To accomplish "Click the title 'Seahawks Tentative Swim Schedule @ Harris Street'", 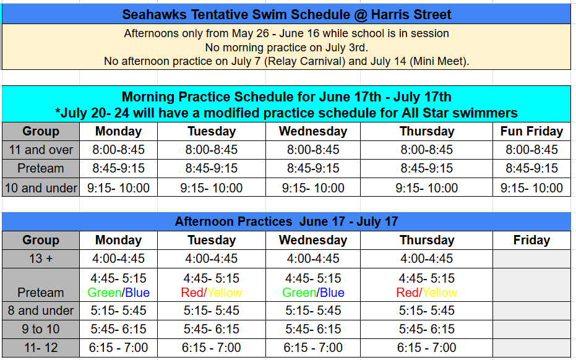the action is click(x=286, y=15).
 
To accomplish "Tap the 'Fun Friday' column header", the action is click(x=531, y=131).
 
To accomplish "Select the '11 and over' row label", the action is click(x=41, y=150).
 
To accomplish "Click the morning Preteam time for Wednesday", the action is click(x=313, y=168).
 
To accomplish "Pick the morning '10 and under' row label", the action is click(x=41, y=187).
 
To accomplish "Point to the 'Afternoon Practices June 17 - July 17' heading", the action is click(x=286, y=221).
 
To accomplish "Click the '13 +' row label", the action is click(x=41, y=259).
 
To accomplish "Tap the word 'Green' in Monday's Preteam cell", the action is click(x=105, y=293).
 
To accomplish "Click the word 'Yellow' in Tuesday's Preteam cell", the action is click(x=224, y=293).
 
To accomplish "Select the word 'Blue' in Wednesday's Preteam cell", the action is click(x=332, y=293).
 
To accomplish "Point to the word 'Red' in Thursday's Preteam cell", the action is click(x=408, y=293).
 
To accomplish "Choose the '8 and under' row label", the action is click(x=41, y=311).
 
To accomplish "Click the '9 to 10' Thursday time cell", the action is click(x=426, y=329).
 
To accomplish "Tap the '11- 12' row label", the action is click(x=41, y=348).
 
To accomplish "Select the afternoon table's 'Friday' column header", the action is click(x=531, y=240).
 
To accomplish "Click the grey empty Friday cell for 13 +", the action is click(x=531, y=259).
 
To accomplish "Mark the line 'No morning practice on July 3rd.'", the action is click(x=286, y=48).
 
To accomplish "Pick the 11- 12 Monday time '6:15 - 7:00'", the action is click(x=118, y=348).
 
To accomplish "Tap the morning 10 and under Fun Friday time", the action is click(x=531, y=187).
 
